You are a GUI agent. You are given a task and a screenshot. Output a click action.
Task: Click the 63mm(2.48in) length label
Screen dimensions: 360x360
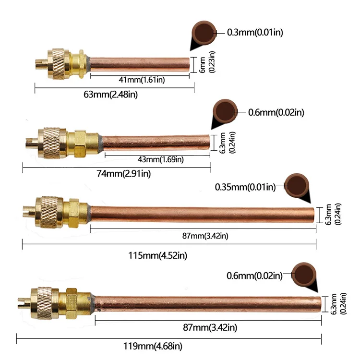coord(110,94)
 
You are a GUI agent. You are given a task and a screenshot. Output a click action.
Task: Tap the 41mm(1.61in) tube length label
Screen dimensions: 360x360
coord(142,80)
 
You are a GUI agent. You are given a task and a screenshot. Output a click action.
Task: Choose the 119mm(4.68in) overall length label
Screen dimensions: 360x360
coord(156,346)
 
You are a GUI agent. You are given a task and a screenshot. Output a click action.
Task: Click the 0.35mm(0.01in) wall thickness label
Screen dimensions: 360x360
coord(245,187)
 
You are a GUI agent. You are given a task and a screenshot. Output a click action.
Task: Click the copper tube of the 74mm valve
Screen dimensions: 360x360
coord(156,142)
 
